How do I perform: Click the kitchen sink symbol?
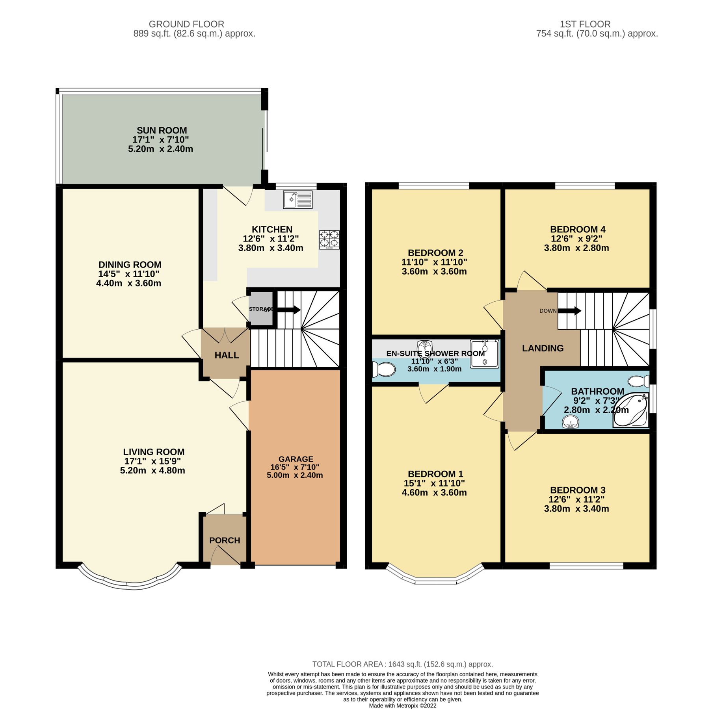click(297, 200)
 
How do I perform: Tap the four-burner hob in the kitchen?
click(329, 239)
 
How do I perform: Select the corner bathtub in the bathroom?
click(631, 410)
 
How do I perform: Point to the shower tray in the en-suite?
click(484, 354)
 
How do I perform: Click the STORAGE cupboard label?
click(261, 309)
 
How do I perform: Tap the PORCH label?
click(225, 540)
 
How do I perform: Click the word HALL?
click(227, 355)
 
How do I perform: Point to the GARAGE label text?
click(296, 459)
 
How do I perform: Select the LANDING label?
click(543, 348)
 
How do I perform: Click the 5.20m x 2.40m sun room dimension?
click(160, 149)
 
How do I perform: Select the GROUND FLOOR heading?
click(186, 24)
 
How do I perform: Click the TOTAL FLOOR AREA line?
click(402, 664)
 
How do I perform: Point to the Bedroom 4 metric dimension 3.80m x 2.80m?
click(576, 248)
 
